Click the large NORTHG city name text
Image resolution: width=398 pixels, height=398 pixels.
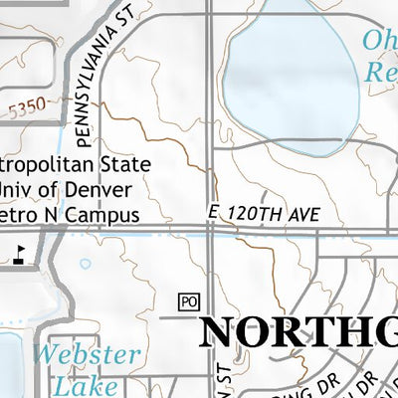tap(298, 333)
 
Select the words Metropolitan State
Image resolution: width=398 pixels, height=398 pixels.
tap(75, 164)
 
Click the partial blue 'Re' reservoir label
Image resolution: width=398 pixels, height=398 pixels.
tap(380, 72)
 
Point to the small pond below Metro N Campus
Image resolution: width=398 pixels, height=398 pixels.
tap(85, 265)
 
